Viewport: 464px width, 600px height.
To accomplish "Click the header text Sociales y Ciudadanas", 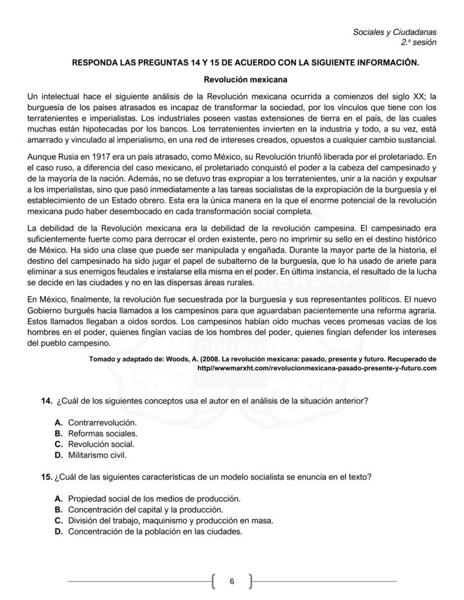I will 395,32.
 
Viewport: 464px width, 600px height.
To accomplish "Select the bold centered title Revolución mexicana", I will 245,80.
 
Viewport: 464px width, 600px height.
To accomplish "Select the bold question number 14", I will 47,401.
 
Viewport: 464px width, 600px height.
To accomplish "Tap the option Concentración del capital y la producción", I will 145,509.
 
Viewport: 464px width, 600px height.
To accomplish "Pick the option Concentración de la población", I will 155,532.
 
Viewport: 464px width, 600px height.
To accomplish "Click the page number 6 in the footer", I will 232,582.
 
